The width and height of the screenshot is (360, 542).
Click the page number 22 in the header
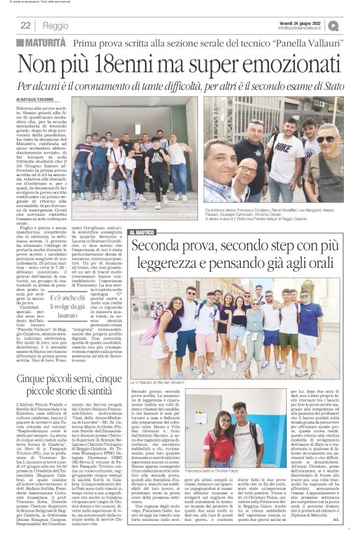tap(25, 25)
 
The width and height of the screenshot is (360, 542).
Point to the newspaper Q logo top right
tap(351, 25)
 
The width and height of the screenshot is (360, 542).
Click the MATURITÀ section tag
tap(40, 42)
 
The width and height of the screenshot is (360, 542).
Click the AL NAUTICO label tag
tap(142, 231)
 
